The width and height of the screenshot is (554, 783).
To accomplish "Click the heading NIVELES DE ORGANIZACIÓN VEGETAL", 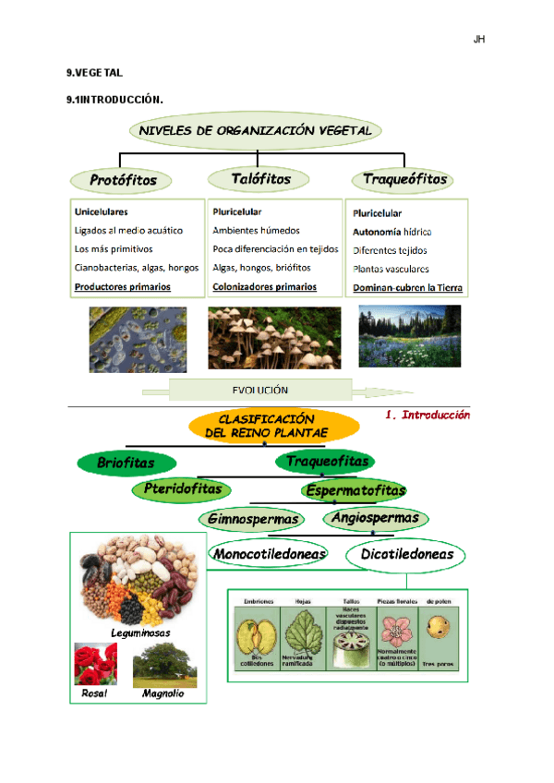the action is pos(255,131).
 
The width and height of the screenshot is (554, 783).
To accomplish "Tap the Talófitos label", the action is pos(250,178).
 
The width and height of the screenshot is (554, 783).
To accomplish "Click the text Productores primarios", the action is pos(122,287).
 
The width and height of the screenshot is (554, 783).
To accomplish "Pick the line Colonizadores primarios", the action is pos(264,287).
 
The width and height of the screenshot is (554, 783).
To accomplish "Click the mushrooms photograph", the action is pos(262,337).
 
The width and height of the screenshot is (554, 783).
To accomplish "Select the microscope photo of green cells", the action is pos(137,339).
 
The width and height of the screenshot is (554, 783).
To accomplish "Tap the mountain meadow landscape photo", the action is pos(408,336).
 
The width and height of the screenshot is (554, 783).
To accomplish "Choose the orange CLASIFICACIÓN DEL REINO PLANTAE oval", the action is pos(273,426).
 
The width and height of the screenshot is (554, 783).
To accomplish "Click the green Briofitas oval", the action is pos(126,462).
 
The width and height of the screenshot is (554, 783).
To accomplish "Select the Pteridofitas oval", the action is pos(182,488).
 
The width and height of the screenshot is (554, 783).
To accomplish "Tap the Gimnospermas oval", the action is pos(252,519).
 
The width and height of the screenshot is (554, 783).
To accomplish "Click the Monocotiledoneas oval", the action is pos(269,554).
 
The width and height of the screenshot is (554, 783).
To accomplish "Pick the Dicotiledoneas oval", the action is pos(406,554).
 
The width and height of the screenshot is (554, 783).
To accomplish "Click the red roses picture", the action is pos(95,664).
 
